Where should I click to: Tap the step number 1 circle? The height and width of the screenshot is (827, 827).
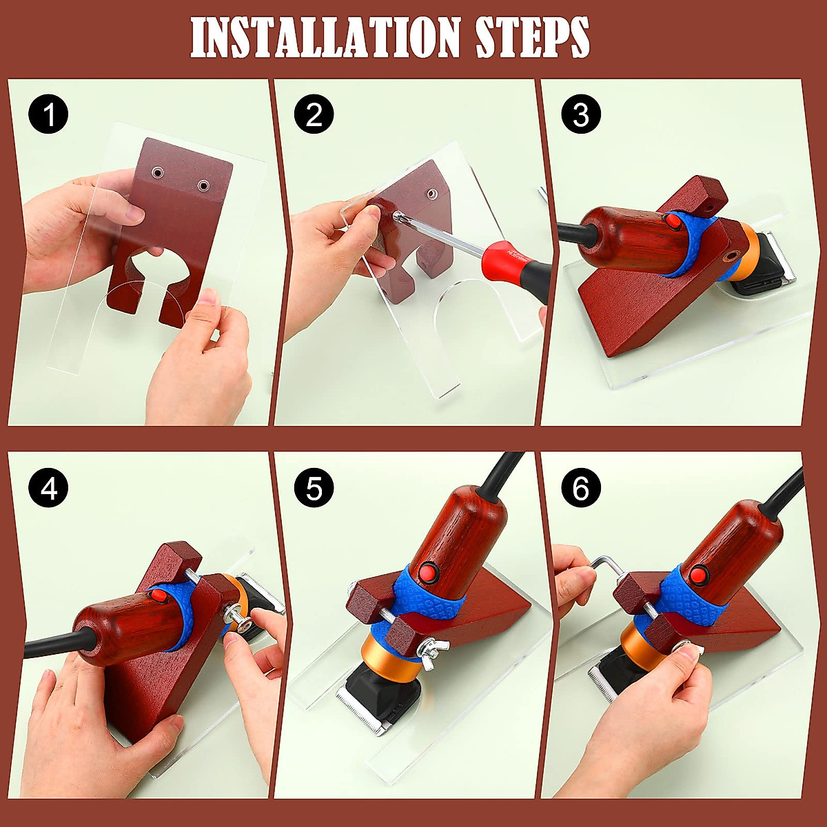pos(48,114)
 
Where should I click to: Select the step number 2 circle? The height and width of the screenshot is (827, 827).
pos(314,114)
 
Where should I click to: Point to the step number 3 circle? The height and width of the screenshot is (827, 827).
pos(580,114)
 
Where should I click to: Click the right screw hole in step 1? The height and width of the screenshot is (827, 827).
pos(203,185)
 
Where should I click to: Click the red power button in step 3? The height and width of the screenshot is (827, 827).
pos(671,221)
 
